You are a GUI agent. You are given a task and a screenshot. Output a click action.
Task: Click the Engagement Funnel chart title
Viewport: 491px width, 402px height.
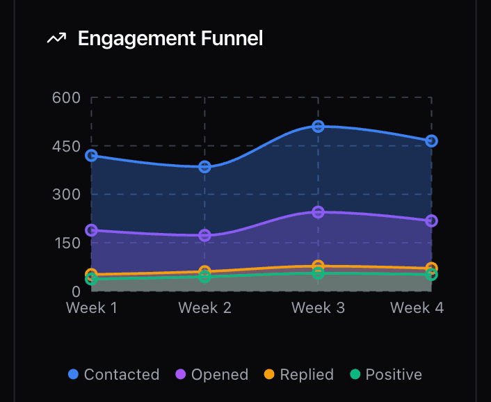[x=170, y=38]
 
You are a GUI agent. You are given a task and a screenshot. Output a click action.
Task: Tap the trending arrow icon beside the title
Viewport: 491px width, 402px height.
[x=56, y=38]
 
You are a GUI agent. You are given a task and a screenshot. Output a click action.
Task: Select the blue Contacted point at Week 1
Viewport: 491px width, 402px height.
[x=91, y=155]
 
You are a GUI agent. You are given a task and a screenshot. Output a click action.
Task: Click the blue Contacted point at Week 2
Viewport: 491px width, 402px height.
[x=204, y=166]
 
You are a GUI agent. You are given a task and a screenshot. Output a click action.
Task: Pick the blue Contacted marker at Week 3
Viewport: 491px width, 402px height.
[x=318, y=126]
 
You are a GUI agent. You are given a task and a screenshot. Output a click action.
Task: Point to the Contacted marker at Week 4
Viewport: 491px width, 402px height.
[x=431, y=140]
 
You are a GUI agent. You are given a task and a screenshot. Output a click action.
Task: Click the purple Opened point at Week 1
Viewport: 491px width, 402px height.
[x=91, y=230]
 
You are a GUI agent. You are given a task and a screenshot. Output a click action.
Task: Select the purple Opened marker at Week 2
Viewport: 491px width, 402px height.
[x=204, y=235]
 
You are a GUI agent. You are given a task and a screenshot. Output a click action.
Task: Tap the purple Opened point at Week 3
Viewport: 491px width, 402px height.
[x=318, y=211]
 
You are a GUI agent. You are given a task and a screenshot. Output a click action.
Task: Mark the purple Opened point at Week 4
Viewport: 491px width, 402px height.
[x=431, y=220]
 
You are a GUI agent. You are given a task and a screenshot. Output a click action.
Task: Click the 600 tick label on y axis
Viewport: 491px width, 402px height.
[x=66, y=97]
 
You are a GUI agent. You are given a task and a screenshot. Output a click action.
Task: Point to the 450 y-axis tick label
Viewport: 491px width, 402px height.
[x=66, y=146]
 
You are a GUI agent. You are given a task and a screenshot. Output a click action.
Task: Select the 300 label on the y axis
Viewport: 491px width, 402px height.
[x=66, y=194]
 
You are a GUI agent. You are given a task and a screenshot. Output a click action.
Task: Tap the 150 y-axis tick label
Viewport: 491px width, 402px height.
[x=66, y=243]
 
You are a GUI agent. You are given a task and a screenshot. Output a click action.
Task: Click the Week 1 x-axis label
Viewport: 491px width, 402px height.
[x=91, y=307]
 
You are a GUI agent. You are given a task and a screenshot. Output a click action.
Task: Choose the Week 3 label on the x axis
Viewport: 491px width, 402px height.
[x=318, y=307]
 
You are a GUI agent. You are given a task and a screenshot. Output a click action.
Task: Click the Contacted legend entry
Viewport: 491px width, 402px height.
[x=114, y=374]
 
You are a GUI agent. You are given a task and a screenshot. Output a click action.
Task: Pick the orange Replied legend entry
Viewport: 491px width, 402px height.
[x=299, y=374]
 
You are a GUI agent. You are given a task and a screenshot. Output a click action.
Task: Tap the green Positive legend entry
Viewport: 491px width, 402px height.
[x=386, y=374]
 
